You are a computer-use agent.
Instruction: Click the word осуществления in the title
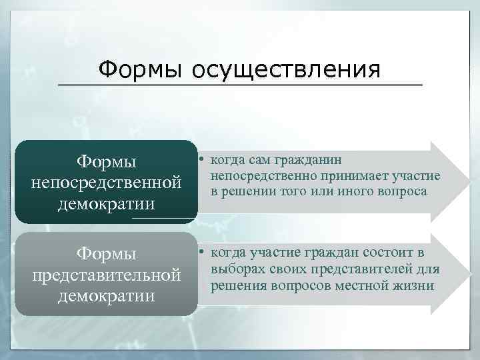(x=287, y=69)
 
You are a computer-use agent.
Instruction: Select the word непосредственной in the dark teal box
(x=107, y=182)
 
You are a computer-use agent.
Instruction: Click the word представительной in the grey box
(x=107, y=274)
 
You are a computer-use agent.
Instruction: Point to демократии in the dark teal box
(x=107, y=202)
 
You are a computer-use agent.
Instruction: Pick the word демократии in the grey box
(x=107, y=294)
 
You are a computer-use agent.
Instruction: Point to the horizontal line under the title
(x=240, y=85)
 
